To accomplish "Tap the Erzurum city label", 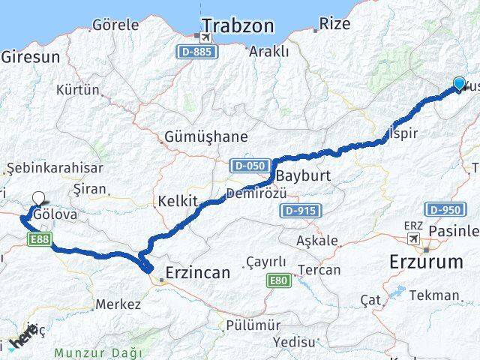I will [426, 262].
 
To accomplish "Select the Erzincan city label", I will [197, 272].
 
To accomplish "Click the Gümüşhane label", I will [194, 137].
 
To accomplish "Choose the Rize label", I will [334, 24].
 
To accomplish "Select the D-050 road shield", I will [247, 165].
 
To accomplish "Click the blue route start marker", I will [459, 83].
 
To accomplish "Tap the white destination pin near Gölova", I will [38, 199].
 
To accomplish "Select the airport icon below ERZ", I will [413, 238].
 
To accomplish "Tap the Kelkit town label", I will [177, 201].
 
